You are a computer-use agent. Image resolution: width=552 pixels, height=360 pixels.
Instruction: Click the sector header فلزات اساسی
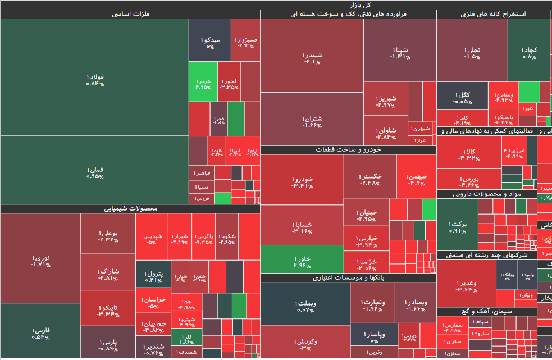click(x=130, y=15)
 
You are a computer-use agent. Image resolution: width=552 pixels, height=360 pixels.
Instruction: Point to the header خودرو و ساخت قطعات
click(x=348, y=150)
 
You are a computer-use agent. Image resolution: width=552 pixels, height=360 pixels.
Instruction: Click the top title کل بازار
click(x=276, y=4)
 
